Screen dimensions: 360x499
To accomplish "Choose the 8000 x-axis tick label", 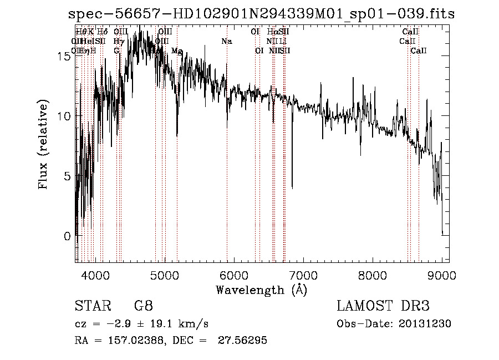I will (x=372, y=275).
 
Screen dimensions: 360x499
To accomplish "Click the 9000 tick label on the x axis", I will (x=442, y=275).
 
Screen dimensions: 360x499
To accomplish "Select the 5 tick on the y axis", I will (x=66, y=176).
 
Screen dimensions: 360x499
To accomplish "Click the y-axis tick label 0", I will (x=66, y=236).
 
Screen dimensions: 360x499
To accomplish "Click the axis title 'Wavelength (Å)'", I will (x=261, y=290).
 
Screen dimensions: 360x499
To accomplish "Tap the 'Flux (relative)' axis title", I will (x=44, y=144).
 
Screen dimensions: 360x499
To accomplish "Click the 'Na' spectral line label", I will (x=226, y=42).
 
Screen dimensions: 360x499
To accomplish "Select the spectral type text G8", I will (x=143, y=306).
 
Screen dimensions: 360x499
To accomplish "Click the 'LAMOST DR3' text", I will (x=383, y=306).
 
